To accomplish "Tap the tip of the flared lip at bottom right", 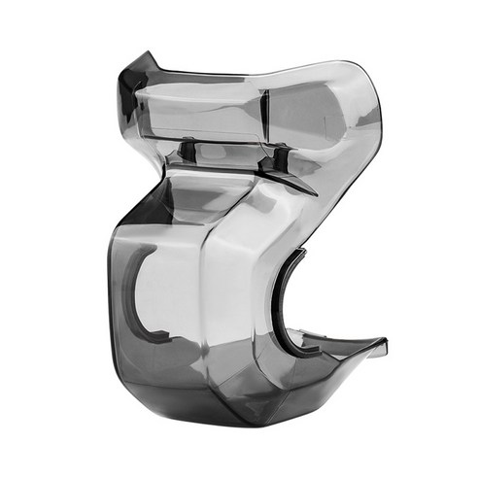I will tap(385, 342).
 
